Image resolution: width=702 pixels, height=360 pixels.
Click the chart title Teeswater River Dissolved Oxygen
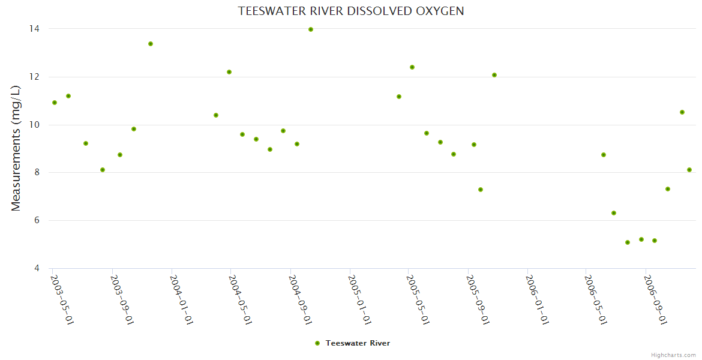350,11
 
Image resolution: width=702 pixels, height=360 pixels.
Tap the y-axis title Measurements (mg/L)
16,148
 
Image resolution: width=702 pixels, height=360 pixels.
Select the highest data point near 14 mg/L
311,29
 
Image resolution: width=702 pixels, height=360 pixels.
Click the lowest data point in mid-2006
628,242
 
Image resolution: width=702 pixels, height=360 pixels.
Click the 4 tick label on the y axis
37,268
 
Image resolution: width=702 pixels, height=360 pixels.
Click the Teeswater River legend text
358,343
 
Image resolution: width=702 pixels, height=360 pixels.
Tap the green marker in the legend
317,343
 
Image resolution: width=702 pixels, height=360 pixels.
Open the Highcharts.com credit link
673,355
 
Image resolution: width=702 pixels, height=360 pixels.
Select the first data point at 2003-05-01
55,103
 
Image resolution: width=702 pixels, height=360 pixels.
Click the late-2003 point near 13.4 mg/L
151,44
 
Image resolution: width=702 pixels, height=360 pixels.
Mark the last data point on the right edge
689,170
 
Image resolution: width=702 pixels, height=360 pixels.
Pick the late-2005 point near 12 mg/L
494,75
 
